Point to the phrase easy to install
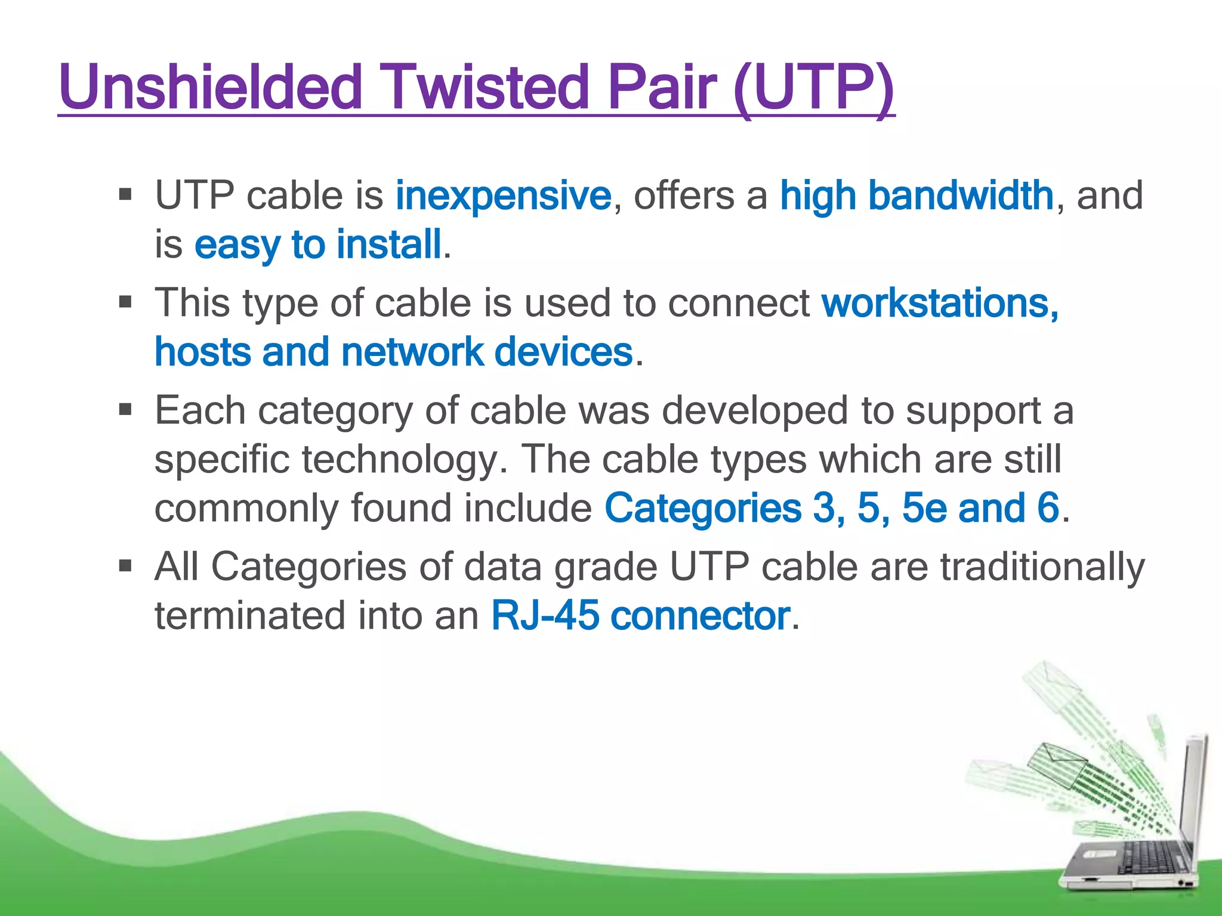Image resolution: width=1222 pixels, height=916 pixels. click(317, 245)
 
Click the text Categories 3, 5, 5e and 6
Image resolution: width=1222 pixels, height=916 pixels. click(832, 508)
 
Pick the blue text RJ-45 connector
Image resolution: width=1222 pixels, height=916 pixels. click(640, 615)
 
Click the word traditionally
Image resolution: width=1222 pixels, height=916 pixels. click(1042, 567)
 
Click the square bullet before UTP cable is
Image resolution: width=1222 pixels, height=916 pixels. click(125, 194)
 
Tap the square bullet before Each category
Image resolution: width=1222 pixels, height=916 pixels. click(125, 410)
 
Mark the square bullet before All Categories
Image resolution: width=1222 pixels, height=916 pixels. click(125, 565)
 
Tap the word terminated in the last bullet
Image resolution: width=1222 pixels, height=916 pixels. click(249, 615)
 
